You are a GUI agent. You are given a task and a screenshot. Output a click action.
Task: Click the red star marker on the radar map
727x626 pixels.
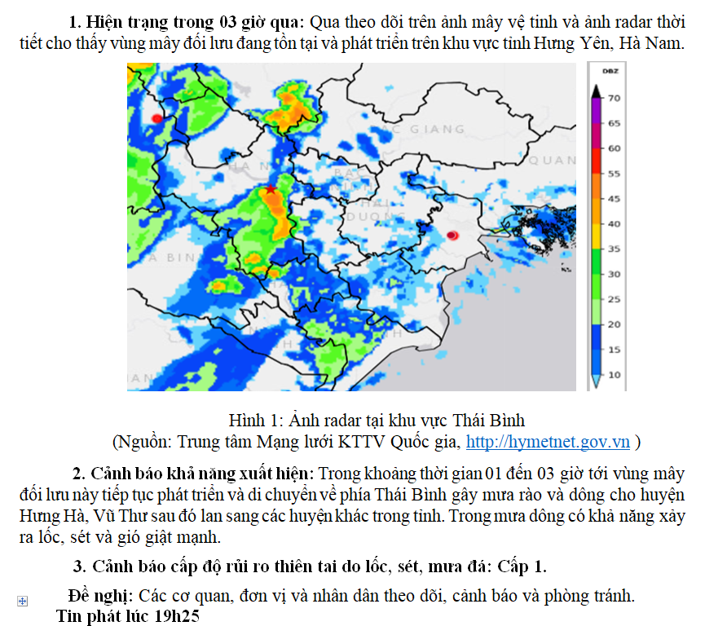[270, 189]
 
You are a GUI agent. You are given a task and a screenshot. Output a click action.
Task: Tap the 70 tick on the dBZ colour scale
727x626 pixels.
[615, 98]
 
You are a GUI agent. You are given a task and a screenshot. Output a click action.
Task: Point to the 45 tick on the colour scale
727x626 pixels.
[615, 198]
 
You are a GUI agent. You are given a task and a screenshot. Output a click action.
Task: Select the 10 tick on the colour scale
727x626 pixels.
[615, 375]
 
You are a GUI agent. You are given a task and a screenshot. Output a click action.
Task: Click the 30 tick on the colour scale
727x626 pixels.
[615, 274]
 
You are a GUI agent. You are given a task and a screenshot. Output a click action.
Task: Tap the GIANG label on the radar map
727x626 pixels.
[437, 129]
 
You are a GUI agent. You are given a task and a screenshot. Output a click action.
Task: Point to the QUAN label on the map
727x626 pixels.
[552, 161]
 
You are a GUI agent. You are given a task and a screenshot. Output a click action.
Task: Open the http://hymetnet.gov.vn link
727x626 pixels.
[548, 442]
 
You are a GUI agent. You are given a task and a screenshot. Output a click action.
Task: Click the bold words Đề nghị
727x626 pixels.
[101, 596]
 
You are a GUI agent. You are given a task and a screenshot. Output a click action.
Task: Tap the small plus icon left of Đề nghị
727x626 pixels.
[23, 601]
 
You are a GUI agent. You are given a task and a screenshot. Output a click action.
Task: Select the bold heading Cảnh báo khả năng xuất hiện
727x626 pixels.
[203, 474]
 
